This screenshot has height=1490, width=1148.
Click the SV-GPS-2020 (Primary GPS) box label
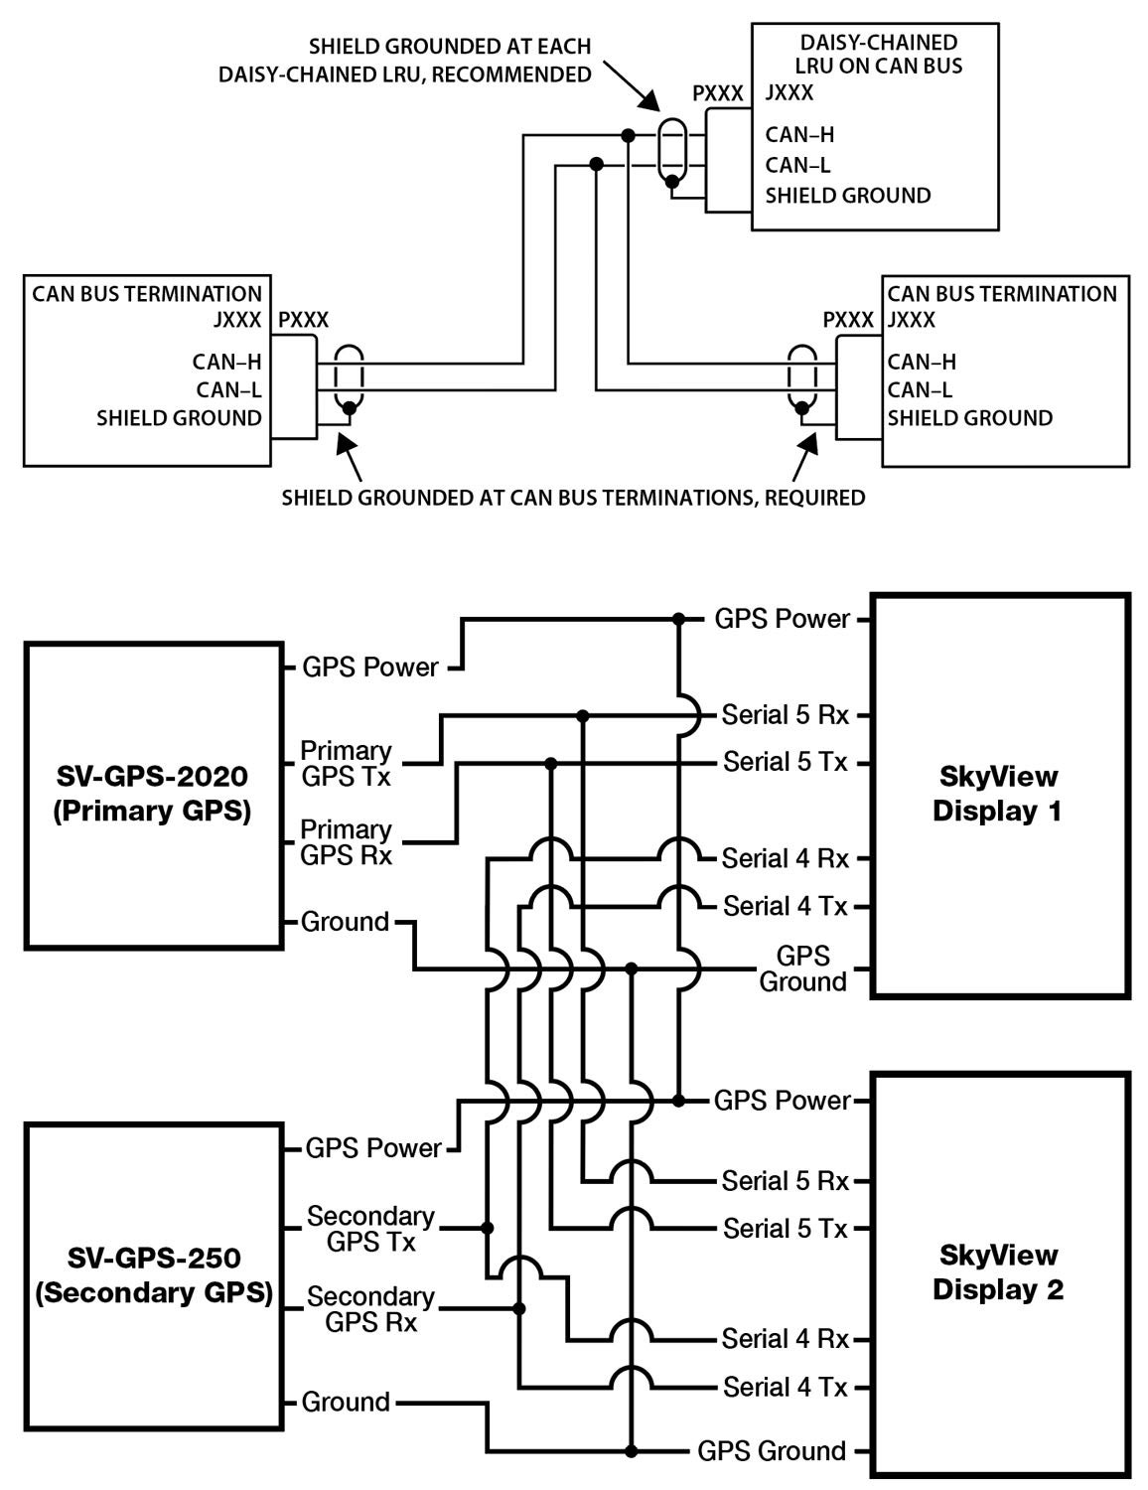(x=152, y=794)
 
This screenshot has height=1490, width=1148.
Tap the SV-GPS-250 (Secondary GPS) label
(x=154, y=1275)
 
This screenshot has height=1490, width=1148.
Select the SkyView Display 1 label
(x=997, y=794)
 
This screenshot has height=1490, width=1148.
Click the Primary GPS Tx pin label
(x=347, y=763)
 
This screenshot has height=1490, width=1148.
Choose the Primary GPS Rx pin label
(x=347, y=842)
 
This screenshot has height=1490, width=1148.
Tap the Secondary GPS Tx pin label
(x=370, y=1229)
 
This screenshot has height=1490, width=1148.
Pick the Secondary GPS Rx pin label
(x=370, y=1309)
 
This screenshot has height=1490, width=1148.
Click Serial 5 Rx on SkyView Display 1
(x=786, y=715)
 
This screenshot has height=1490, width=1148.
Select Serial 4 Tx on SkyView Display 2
(x=786, y=1387)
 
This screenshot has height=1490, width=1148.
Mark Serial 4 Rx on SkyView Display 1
(x=786, y=858)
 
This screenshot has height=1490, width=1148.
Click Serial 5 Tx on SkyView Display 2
(x=786, y=1228)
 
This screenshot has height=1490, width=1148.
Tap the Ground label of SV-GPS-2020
(x=345, y=922)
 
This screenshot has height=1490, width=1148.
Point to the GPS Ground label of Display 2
(x=772, y=1451)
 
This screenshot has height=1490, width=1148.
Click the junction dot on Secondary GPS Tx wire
(x=488, y=1228)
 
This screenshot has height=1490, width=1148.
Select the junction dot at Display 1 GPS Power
(x=678, y=619)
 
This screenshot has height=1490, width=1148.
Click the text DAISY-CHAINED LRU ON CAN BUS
(x=879, y=55)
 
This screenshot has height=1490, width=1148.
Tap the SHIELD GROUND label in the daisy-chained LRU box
(x=848, y=196)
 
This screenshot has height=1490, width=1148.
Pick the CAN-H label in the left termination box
(x=226, y=362)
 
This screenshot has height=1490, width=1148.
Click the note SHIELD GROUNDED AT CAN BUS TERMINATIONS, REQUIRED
(x=574, y=498)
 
